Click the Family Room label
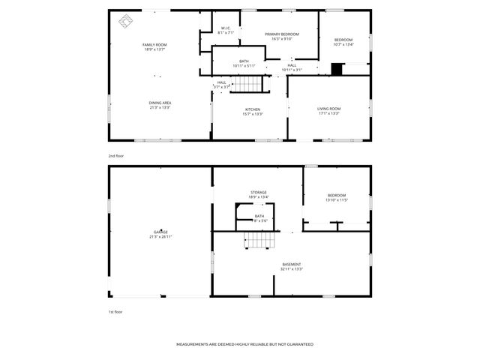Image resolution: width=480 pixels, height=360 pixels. (155, 45)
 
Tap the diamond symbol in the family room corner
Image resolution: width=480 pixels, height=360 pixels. (123, 20)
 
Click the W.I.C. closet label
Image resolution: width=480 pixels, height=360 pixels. (226, 28)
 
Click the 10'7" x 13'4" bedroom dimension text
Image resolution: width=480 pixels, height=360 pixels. (343, 44)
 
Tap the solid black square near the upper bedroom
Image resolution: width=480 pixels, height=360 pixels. (337, 70)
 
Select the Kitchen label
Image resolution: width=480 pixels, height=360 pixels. (253, 109)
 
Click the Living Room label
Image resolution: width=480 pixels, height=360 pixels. (329, 109)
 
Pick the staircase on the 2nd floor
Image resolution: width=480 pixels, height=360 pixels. (247, 83)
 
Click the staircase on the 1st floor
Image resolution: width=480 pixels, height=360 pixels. (259, 240)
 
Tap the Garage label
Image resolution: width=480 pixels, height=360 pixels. (160, 232)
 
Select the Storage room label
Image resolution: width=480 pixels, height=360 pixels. (259, 192)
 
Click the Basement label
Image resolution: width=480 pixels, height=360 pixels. (292, 264)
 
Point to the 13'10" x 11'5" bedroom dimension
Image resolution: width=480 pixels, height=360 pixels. (337, 200)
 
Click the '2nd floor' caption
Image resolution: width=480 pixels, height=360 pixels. (115, 155)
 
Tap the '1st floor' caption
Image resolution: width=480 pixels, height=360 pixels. (115, 311)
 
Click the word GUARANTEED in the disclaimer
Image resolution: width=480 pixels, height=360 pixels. (298, 344)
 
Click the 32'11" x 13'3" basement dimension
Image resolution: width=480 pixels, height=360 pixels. (292, 268)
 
